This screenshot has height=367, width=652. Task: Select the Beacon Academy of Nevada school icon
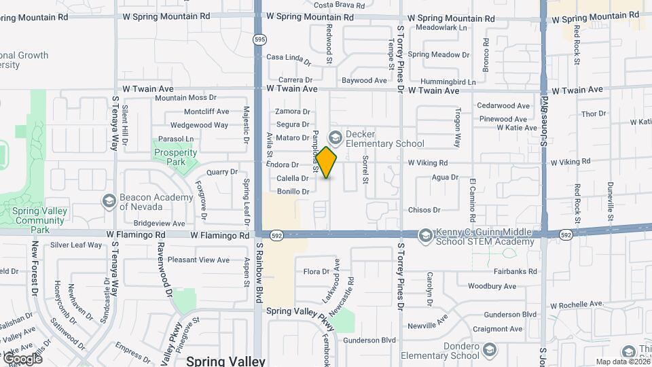coord(109,201)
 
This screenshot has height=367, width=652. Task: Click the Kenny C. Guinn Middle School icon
coord(425,235)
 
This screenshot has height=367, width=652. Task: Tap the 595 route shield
coord(260,40)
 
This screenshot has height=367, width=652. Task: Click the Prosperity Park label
coord(170,158)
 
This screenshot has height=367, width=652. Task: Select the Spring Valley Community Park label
coord(41,220)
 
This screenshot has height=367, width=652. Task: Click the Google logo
coord(23,357)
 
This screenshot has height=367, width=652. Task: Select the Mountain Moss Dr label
coord(185,98)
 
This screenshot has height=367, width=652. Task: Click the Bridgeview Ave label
coord(159,223)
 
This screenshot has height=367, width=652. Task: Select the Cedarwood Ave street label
coord(503,106)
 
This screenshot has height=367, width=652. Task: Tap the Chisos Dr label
coord(424,210)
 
